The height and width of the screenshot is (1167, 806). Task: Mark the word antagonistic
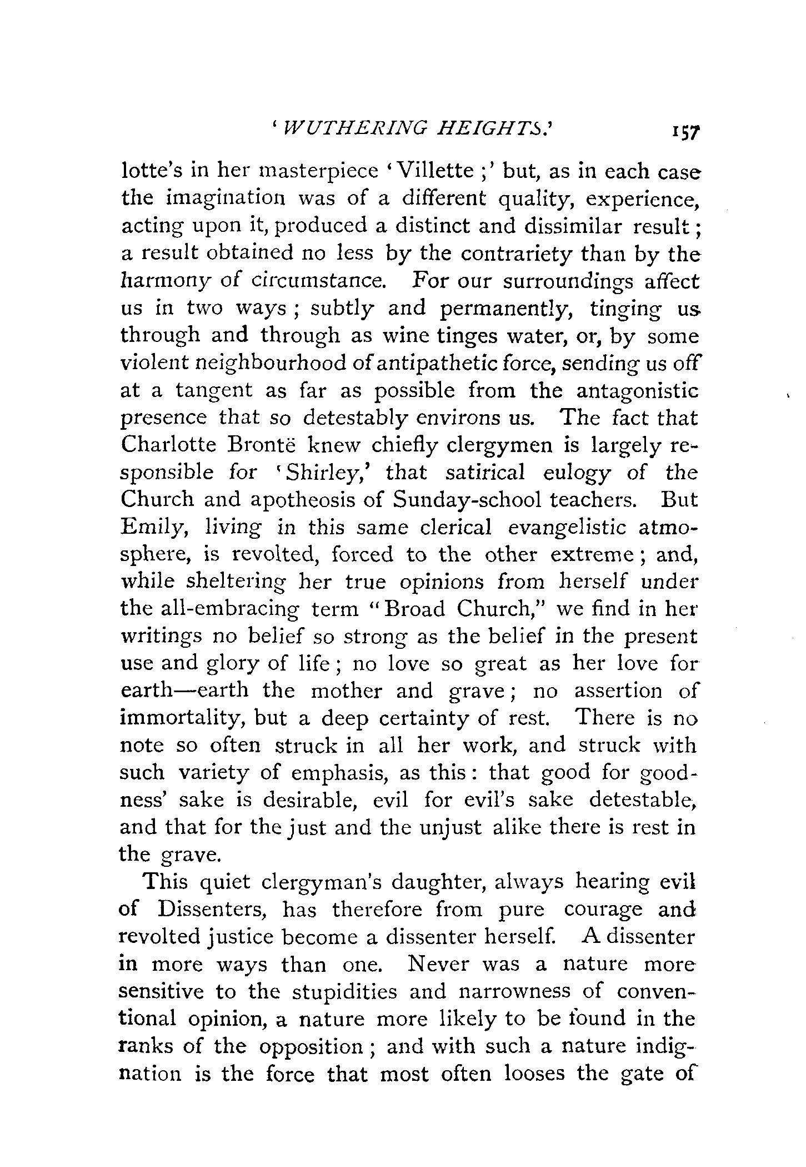[x=637, y=391]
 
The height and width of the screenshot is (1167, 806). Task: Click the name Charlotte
[x=172, y=445]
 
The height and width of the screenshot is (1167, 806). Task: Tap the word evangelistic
[x=564, y=527]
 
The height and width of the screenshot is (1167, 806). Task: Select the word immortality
[x=181, y=719]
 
